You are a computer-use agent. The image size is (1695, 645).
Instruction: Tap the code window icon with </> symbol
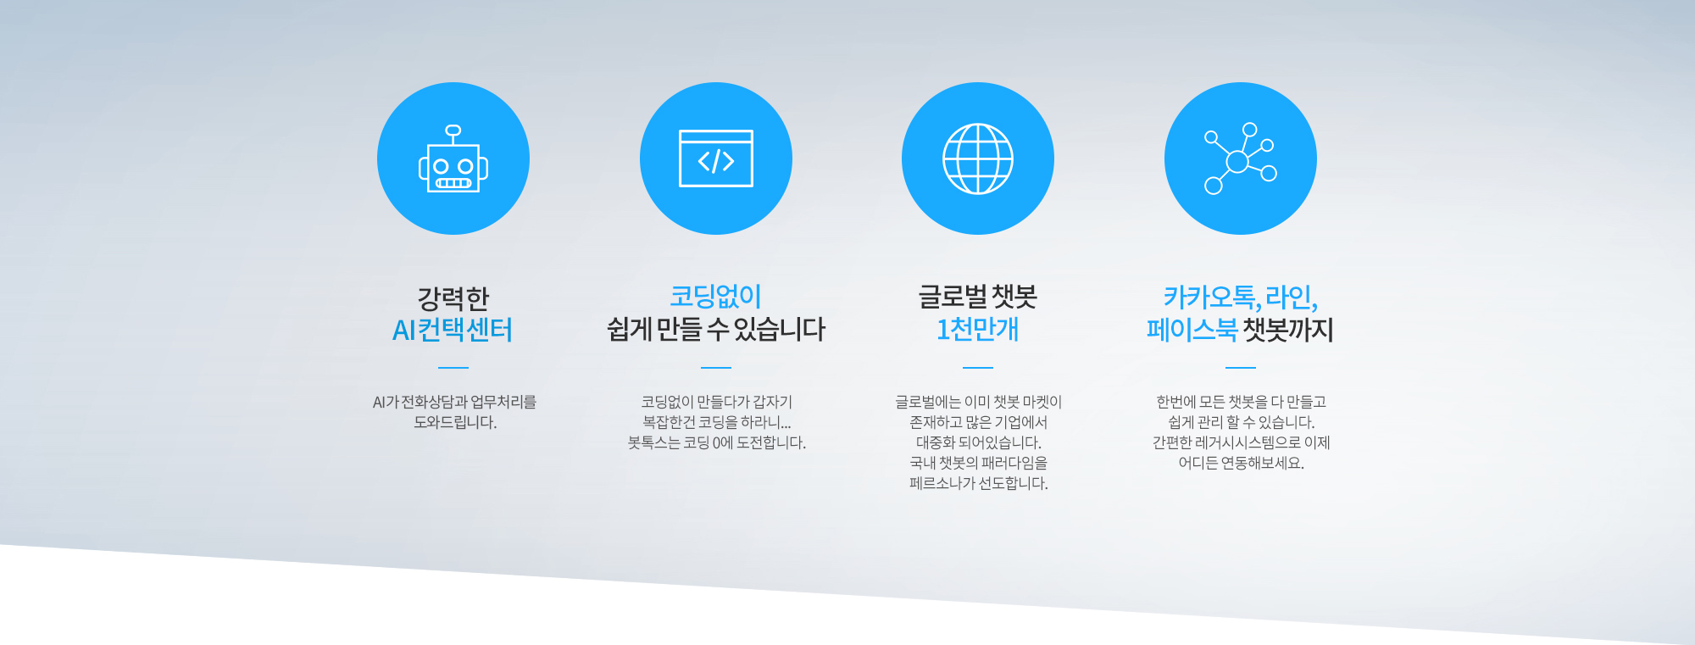coord(716,158)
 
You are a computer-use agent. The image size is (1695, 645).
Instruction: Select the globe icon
coord(978,158)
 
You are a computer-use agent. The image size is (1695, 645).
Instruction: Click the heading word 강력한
coord(453,298)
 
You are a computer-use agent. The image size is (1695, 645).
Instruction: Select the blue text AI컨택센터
coord(453,330)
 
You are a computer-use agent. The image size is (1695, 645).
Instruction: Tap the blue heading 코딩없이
coord(716,297)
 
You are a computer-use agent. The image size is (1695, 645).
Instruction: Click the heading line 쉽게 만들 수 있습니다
coord(716,329)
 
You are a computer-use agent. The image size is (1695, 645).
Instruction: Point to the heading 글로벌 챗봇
coord(978,297)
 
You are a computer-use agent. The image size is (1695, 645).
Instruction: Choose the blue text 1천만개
coord(978,329)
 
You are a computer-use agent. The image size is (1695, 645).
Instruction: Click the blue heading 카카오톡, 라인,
coord(1241,297)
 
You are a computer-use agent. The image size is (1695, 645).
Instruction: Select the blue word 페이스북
coord(1192,329)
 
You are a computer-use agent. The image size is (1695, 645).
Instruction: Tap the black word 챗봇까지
coord(1288,329)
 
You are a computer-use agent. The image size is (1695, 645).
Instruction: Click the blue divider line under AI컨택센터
coord(453,368)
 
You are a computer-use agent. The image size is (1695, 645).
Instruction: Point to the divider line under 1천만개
coord(978,368)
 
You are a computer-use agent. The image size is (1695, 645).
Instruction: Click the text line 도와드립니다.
coord(455,422)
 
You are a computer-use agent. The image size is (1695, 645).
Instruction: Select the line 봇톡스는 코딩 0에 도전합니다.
coord(717,442)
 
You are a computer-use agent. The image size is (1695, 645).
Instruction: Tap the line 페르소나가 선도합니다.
coord(979,483)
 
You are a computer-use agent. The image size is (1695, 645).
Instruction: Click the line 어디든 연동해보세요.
coord(1242,463)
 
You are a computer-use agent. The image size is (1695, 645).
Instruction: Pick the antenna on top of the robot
coord(453,134)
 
